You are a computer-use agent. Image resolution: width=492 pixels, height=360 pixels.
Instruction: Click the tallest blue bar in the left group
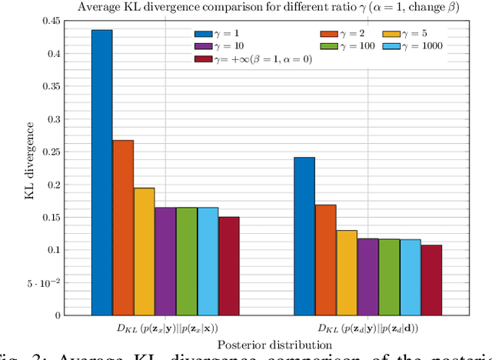102,172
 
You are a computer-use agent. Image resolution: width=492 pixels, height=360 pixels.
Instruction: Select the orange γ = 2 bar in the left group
123,228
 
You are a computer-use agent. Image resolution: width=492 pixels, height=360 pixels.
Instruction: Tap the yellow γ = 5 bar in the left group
144,252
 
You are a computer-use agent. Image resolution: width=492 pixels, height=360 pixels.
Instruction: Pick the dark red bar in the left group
228,266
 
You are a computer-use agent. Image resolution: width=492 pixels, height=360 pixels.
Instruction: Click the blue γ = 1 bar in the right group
304,236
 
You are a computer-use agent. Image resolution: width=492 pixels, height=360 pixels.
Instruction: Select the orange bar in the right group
326,260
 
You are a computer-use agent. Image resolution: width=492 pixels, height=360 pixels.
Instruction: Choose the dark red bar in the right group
431,280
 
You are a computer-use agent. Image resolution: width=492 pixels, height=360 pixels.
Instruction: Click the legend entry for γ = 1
220,35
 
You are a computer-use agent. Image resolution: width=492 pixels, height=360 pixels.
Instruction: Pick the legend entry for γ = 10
222,47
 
